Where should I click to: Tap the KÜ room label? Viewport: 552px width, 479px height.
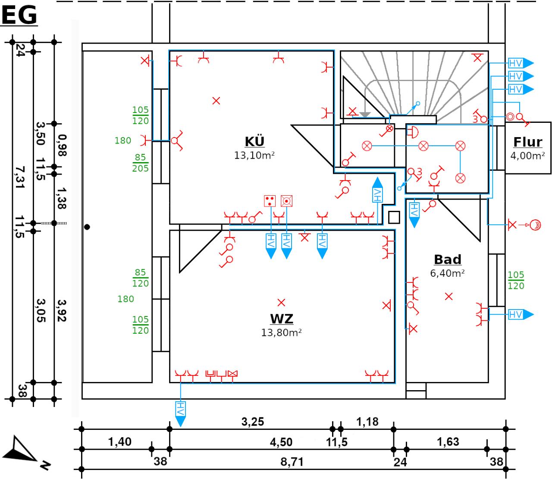[254, 141]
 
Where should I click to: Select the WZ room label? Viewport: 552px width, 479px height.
[282, 319]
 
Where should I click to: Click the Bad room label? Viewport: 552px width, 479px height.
[448, 260]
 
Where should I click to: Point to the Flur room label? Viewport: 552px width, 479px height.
[527, 142]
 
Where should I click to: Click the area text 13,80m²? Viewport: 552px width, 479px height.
[281, 333]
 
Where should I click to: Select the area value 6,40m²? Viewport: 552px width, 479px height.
[448, 273]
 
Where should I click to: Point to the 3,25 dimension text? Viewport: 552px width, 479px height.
[252, 421]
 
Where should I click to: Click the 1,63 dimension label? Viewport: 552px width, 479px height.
[448, 442]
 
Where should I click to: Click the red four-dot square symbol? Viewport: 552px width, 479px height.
[270, 200]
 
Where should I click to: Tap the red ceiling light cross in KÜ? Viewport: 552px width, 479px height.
[216, 101]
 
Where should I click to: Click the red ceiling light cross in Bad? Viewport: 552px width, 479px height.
[449, 297]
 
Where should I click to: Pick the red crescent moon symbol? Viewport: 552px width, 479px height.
[536, 225]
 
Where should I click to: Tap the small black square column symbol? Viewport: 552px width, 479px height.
[394, 217]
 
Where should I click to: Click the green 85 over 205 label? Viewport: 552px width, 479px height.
[141, 163]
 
